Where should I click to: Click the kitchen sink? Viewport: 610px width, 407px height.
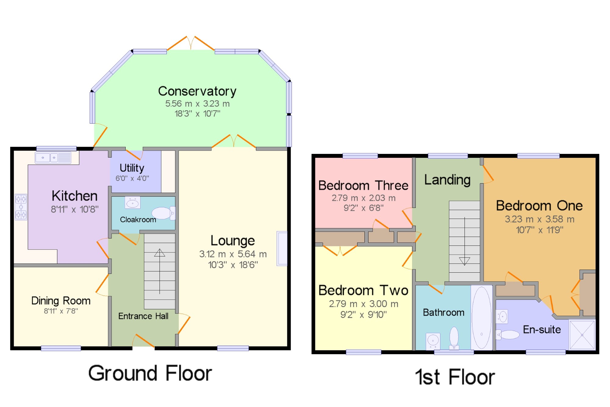pyautogui.click(x=53, y=158)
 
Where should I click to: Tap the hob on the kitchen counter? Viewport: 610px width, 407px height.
pyautogui.click(x=21, y=207)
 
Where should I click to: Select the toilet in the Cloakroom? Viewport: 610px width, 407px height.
pyautogui.click(x=163, y=213)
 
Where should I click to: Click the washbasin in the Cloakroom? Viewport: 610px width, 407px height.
pyautogui.click(x=133, y=203)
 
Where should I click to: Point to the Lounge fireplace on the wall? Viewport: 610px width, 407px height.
pyautogui.click(x=282, y=249)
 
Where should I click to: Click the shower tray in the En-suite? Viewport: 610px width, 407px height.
pyautogui.click(x=582, y=335)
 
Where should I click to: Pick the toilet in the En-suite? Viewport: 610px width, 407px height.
pyautogui.click(x=508, y=335)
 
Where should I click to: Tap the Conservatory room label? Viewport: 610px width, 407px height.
pyautogui.click(x=197, y=92)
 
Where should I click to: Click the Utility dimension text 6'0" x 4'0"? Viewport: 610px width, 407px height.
pyautogui.click(x=132, y=178)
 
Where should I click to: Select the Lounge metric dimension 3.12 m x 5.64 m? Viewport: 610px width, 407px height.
pyautogui.click(x=233, y=254)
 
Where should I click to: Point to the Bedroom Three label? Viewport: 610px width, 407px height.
pyautogui.click(x=363, y=186)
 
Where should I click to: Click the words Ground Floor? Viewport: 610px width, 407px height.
pyautogui.click(x=150, y=373)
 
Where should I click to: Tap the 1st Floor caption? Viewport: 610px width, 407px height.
pyautogui.click(x=455, y=377)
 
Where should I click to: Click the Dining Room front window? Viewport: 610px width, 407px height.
pyautogui.click(x=61, y=348)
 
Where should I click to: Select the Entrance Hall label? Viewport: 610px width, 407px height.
pyautogui.click(x=143, y=316)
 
